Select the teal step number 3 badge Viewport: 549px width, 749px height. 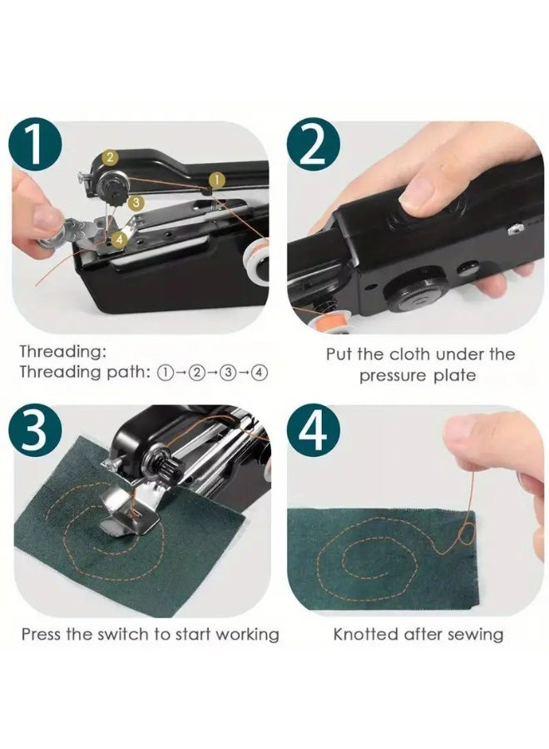(x=35, y=430)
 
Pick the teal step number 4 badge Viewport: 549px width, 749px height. (x=314, y=430)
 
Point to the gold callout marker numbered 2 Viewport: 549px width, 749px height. (x=109, y=156)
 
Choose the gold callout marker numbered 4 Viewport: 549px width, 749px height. (x=120, y=239)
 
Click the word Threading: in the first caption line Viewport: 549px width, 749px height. (x=63, y=352)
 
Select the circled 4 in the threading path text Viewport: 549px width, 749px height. (x=260, y=373)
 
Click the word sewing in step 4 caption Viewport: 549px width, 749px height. (x=476, y=634)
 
